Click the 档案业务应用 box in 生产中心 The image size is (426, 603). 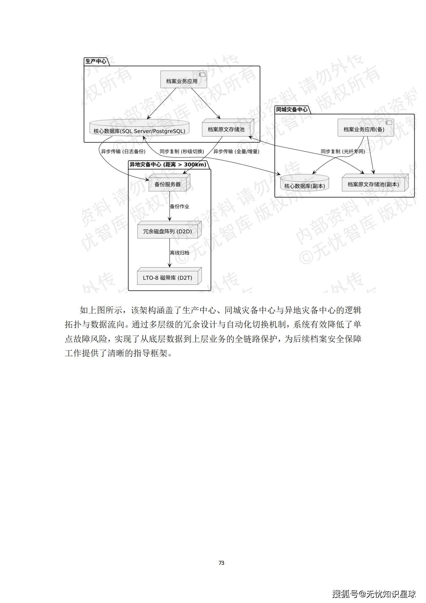(183, 80)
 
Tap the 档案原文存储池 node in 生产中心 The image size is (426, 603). (227, 129)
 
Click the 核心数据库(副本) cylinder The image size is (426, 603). (304, 184)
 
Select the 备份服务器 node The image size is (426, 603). (168, 184)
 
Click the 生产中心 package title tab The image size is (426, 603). (96, 62)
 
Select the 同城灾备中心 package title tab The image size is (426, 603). (292, 110)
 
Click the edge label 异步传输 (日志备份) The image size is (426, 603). (123, 151)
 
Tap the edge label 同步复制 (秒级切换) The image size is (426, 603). (182, 151)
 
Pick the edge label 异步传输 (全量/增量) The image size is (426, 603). (236, 151)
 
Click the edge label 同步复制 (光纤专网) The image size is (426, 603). (343, 151)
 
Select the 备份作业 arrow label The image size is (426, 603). (180, 206)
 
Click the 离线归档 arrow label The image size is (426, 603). (180, 253)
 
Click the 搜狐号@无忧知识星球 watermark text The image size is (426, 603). (374, 594)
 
